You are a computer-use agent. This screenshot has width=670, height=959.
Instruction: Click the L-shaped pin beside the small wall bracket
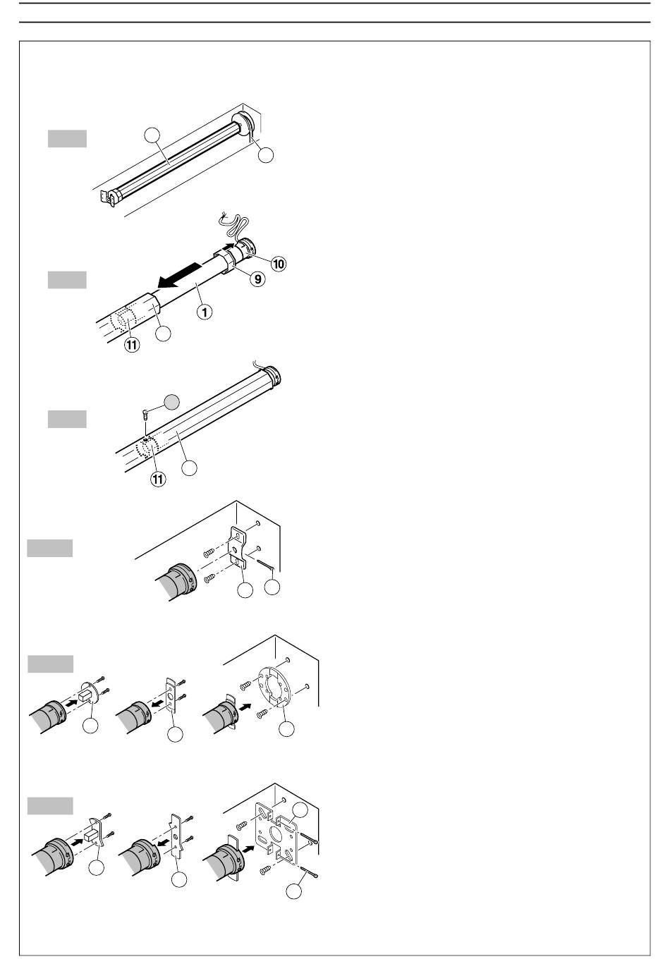[267, 564]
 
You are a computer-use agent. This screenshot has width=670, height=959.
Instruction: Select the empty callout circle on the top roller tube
[150, 135]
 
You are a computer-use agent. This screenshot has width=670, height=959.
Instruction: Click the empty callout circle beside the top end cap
[265, 155]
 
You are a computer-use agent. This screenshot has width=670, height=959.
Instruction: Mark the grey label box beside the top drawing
[67, 138]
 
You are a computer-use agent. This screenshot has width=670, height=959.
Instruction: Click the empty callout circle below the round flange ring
[286, 730]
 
